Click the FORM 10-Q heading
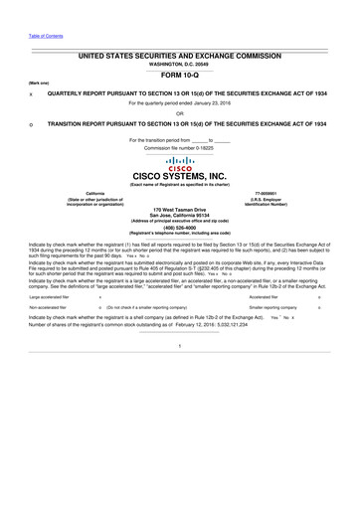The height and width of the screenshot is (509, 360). coord(179,73)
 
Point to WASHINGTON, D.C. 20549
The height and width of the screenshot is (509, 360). coord(179,62)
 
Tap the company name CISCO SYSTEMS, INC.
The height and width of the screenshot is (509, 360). coord(179,178)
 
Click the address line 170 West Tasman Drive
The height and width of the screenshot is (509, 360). coord(179,209)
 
